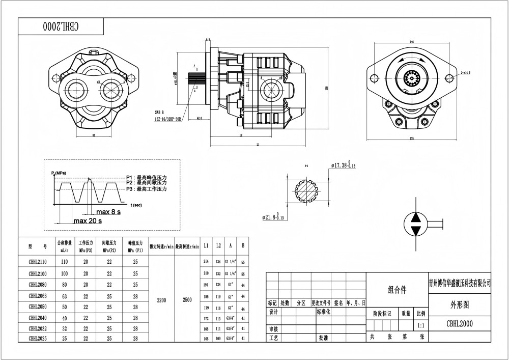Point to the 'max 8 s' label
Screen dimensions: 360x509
pyautogui.click(x=108, y=211)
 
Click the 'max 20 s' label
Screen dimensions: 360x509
pyautogui.click(x=88, y=221)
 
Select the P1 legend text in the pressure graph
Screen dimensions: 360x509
pyautogui.click(x=147, y=177)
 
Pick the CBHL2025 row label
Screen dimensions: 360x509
pyautogui.click(x=38, y=338)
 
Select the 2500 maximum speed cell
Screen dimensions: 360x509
pyautogui.click(x=187, y=300)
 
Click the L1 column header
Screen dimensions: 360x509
pyautogui.click(x=206, y=245)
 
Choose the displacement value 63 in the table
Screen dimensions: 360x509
pyautogui.click(x=64, y=295)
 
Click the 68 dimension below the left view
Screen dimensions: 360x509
pyautogui.click(x=94, y=135)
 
